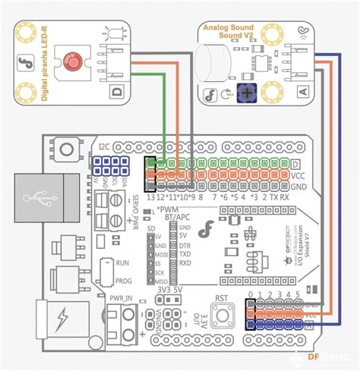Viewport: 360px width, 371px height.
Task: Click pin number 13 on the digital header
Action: tap(151, 197)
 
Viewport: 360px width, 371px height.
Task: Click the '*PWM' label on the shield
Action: tap(169, 206)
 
